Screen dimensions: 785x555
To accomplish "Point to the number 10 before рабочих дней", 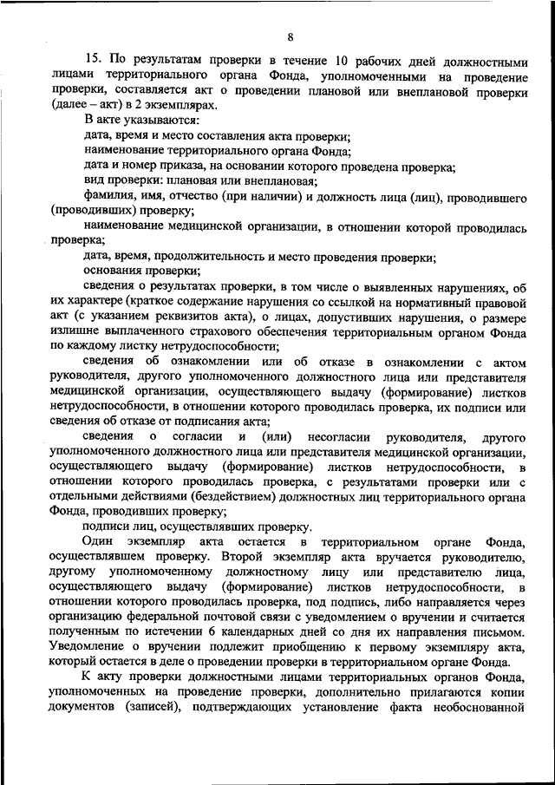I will click(343, 61).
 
